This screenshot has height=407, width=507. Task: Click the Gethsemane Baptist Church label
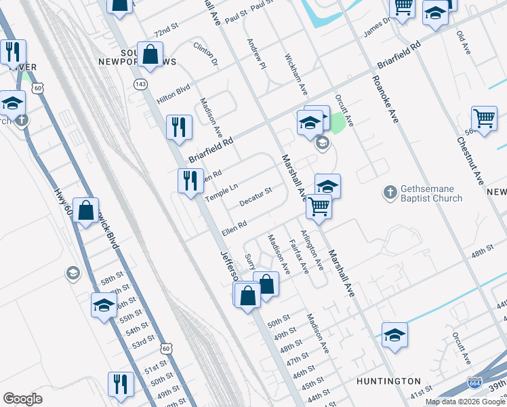click(431, 193)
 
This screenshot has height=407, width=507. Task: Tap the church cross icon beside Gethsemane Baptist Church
click(390, 193)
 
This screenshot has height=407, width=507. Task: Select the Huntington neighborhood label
click(384, 381)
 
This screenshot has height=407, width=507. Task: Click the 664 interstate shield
click(476, 383)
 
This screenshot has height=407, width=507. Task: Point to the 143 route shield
click(140, 83)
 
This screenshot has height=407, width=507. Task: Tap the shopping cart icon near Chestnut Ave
click(485, 119)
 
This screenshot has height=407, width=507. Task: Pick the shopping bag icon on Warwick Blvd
click(87, 210)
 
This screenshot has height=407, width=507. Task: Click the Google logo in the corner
click(22, 399)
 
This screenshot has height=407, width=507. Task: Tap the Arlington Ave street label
click(312, 250)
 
